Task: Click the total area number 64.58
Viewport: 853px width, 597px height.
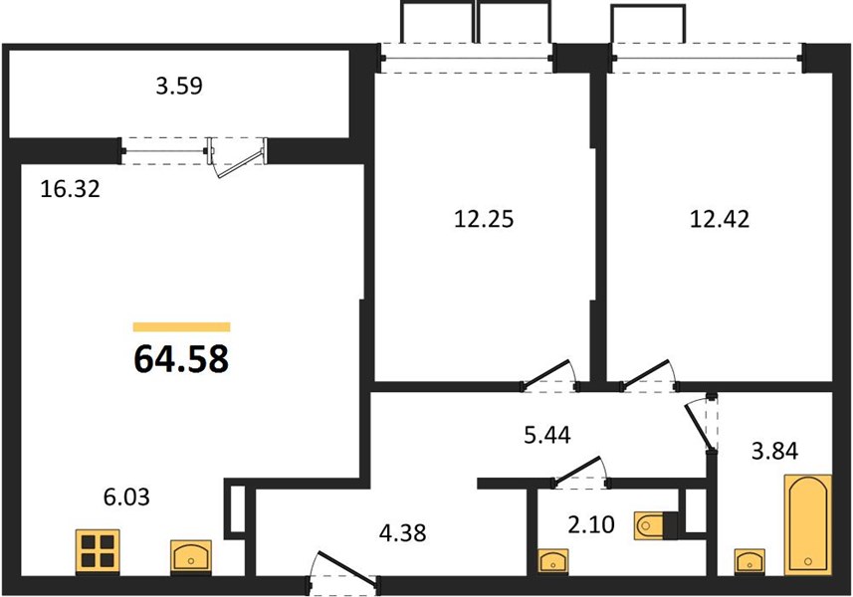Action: pyautogui.click(x=181, y=359)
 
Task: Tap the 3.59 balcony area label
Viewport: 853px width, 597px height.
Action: pyautogui.click(x=179, y=86)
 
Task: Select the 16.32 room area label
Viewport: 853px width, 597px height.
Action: pyautogui.click(x=71, y=189)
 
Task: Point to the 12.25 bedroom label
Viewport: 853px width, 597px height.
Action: pyautogui.click(x=484, y=219)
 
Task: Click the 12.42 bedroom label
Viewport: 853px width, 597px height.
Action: pyautogui.click(x=720, y=219)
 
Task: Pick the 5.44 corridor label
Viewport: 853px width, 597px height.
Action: pyautogui.click(x=547, y=435)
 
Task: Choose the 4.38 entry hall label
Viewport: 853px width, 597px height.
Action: pyautogui.click(x=402, y=533)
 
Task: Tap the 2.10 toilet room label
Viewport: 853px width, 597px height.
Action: pyautogui.click(x=591, y=524)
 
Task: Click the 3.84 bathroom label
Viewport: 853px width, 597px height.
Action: pyautogui.click(x=774, y=451)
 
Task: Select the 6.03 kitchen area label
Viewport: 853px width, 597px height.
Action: pyautogui.click(x=126, y=497)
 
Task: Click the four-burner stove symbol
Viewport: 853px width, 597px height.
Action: pyautogui.click(x=98, y=551)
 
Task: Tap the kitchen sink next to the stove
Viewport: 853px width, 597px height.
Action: pyautogui.click(x=191, y=557)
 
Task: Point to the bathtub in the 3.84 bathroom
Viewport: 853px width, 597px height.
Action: pyautogui.click(x=808, y=524)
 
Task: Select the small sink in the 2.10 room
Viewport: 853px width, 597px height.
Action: pyautogui.click(x=553, y=561)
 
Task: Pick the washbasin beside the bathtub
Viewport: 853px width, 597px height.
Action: pyautogui.click(x=749, y=561)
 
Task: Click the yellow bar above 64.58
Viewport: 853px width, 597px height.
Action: pyautogui.click(x=182, y=326)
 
